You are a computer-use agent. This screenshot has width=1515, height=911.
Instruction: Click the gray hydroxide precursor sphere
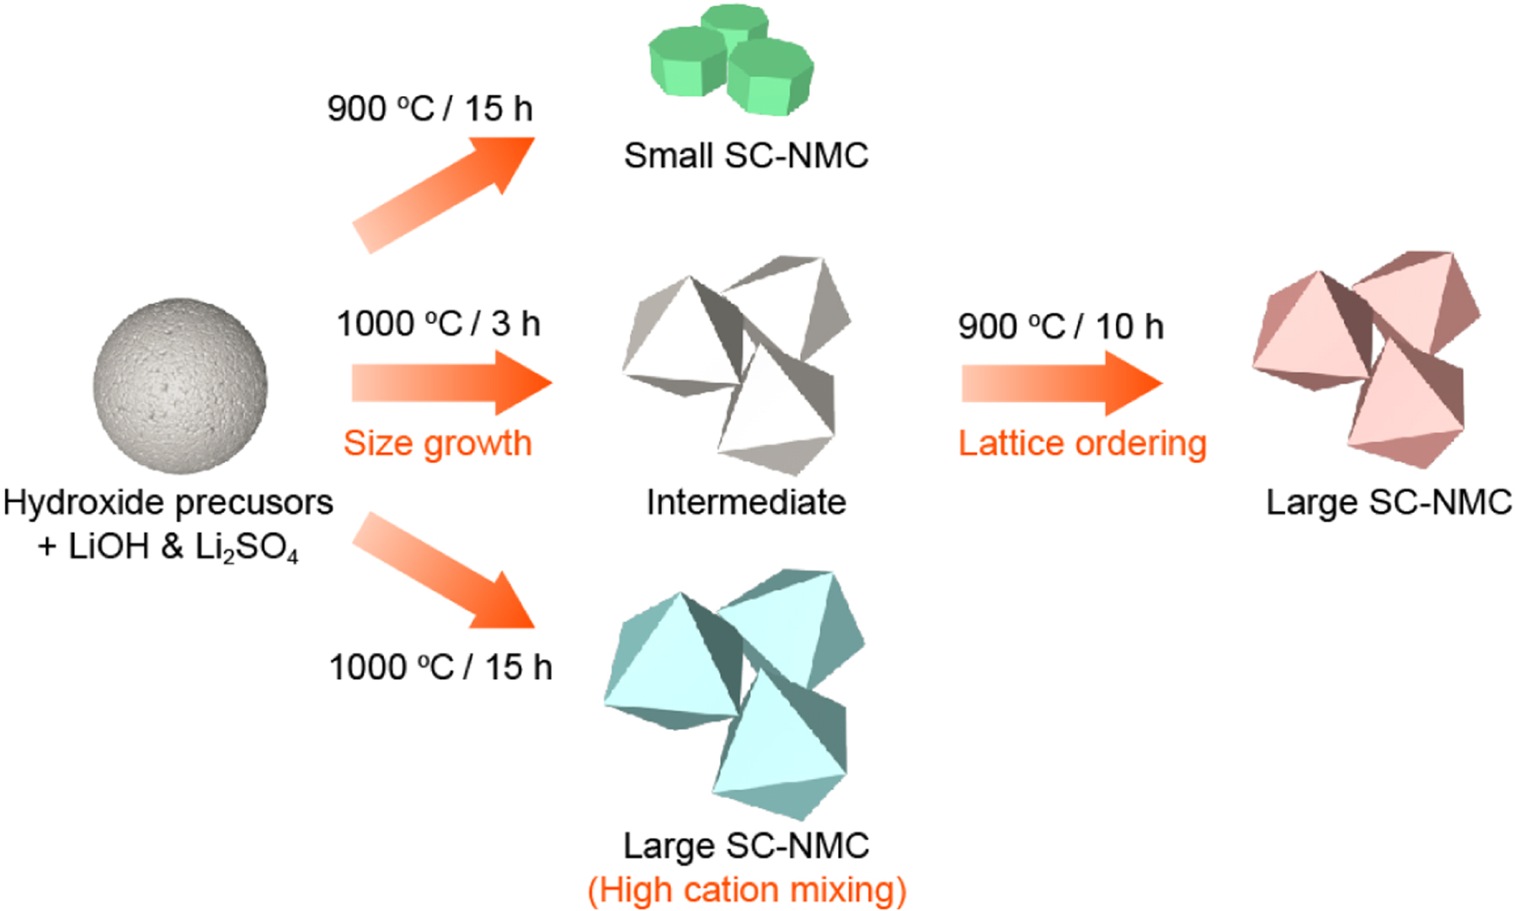180,385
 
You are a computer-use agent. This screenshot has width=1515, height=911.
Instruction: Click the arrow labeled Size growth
451,383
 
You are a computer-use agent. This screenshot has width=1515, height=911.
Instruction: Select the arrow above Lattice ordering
1061,383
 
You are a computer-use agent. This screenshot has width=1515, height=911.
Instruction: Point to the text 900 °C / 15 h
429,109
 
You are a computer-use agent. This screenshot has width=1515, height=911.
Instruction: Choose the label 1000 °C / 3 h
438,324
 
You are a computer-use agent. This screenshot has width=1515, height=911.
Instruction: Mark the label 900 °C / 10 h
1060,326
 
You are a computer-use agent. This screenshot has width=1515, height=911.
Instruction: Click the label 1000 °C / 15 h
440,667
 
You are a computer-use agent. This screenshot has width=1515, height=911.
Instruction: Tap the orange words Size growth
438,443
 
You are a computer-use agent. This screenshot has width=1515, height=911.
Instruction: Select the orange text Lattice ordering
1082,443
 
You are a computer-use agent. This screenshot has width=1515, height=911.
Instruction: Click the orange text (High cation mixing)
746,890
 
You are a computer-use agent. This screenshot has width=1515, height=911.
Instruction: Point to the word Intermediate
745,502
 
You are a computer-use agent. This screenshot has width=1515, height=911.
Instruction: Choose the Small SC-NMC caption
746,156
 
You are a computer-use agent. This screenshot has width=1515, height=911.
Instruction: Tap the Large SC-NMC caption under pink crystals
1389,502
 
